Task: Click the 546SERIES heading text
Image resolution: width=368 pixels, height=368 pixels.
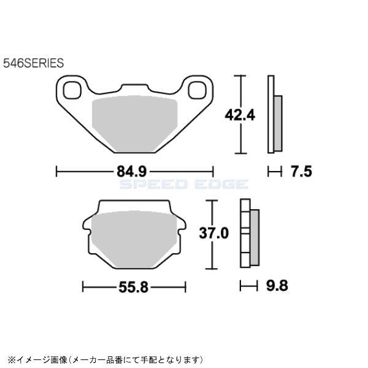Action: [34, 63]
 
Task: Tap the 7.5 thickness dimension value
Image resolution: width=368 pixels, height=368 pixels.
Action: [302, 171]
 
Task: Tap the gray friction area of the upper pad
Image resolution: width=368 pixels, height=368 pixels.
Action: [134, 123]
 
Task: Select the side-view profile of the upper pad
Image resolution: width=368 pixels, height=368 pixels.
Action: [274, 115]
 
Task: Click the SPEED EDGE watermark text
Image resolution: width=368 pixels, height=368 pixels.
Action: [183, 184]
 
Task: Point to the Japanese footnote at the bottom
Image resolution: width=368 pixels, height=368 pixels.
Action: [104, 358]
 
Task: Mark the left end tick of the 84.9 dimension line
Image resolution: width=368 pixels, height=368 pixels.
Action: [56, 171]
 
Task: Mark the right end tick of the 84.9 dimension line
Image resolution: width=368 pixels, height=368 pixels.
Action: [212, 171]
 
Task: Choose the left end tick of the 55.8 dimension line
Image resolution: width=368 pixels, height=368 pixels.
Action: [82, 285]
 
